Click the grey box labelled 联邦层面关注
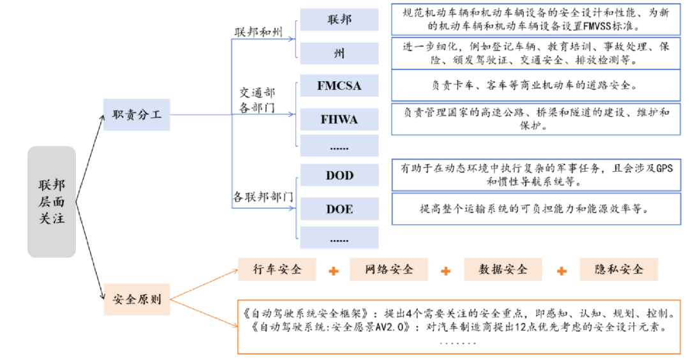[51, 202]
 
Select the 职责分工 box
[137, 115]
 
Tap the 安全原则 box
[137, 299]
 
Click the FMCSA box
[339, 86]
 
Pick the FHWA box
[339, 119]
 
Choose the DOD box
[339, 175]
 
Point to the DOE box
[339, 209]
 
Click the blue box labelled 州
[339, 53]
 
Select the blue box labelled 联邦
[339, 19]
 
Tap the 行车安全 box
[277, 269]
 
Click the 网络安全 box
[389, 269]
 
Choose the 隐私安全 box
[618, 269]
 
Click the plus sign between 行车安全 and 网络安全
[333, 271]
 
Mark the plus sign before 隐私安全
[561, 271]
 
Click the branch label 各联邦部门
[263, 197]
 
